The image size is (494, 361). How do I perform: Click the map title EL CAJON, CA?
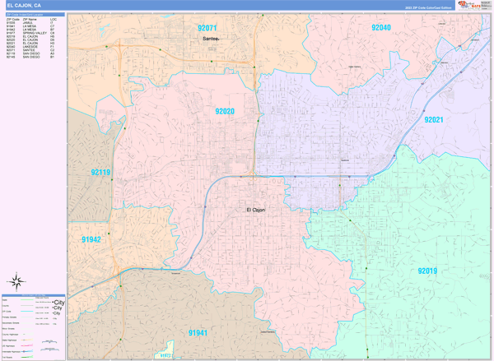pos(24,6)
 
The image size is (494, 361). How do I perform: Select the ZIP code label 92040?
pos(380,28)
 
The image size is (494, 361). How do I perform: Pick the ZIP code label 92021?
pos(434,119)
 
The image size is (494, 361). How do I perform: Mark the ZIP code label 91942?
pos(91,239)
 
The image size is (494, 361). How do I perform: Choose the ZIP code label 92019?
pos(427,271)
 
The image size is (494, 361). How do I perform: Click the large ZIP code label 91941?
pos(198,332)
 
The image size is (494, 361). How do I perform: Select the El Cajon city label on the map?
pos(256,210)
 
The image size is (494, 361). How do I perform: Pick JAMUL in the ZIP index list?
pos(29,21)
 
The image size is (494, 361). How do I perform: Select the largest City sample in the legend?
pos(58,303)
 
